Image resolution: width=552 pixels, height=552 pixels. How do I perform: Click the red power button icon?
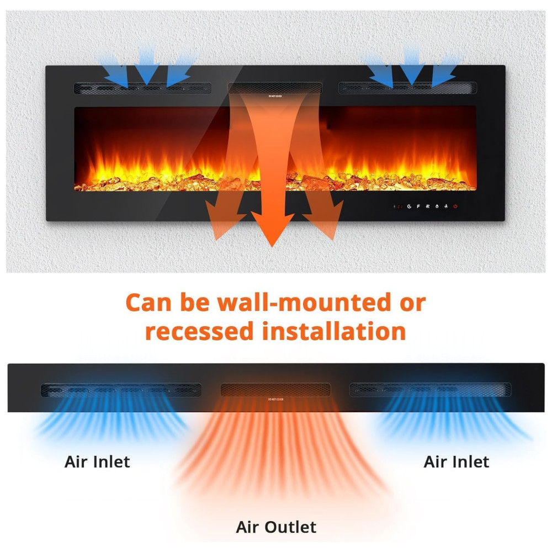456,206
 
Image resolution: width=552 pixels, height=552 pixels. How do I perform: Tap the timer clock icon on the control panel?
409,206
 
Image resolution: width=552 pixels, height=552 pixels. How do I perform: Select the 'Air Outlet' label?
276,527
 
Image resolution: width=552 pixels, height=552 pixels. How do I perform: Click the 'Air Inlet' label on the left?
97,461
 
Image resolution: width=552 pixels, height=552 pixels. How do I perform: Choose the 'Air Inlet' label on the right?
456,461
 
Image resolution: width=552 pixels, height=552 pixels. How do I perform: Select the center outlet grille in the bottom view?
275,390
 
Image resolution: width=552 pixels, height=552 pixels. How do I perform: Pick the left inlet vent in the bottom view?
121,390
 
